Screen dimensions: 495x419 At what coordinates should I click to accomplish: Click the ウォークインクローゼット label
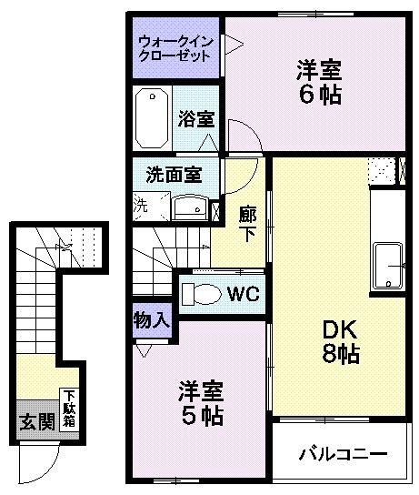175,47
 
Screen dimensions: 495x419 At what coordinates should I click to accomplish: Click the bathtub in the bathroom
152,119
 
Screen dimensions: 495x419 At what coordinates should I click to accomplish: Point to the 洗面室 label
174,173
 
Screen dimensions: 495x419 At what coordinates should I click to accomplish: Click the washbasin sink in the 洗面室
191,207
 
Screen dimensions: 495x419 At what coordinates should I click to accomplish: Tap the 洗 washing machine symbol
140,206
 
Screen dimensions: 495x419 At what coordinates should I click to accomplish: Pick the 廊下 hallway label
246,223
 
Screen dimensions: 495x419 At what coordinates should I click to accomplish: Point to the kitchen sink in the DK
388,264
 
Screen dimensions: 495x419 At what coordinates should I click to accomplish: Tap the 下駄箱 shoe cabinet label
69,410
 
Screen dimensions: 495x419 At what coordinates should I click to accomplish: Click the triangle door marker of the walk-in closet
232,42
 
